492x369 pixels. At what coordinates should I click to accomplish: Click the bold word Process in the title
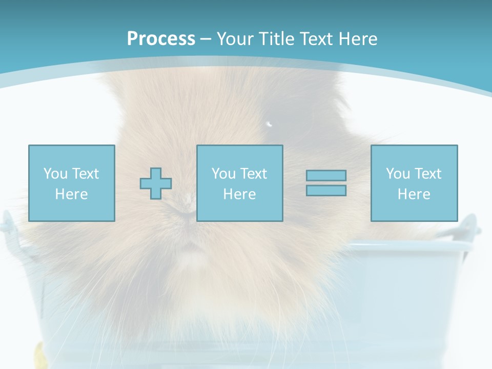click(x=161, y=39)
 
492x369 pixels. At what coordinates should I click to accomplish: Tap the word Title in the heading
click(x=277, y=39)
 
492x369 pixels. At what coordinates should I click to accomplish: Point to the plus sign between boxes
click(x=156, y=183)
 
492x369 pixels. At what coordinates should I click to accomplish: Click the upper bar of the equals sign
click(x=326, y=175)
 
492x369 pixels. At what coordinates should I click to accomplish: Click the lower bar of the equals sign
click(x=326, y=191)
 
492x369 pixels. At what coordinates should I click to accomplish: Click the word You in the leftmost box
click(x=55, y=174)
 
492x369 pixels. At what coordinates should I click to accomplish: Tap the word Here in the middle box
click(x=239, y=194)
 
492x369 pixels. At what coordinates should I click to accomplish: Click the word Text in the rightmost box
click(x=428, y=174)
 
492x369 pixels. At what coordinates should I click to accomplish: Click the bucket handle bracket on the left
click(x=7, y=225)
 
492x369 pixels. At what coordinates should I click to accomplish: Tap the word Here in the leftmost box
click(x=71, y=194)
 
